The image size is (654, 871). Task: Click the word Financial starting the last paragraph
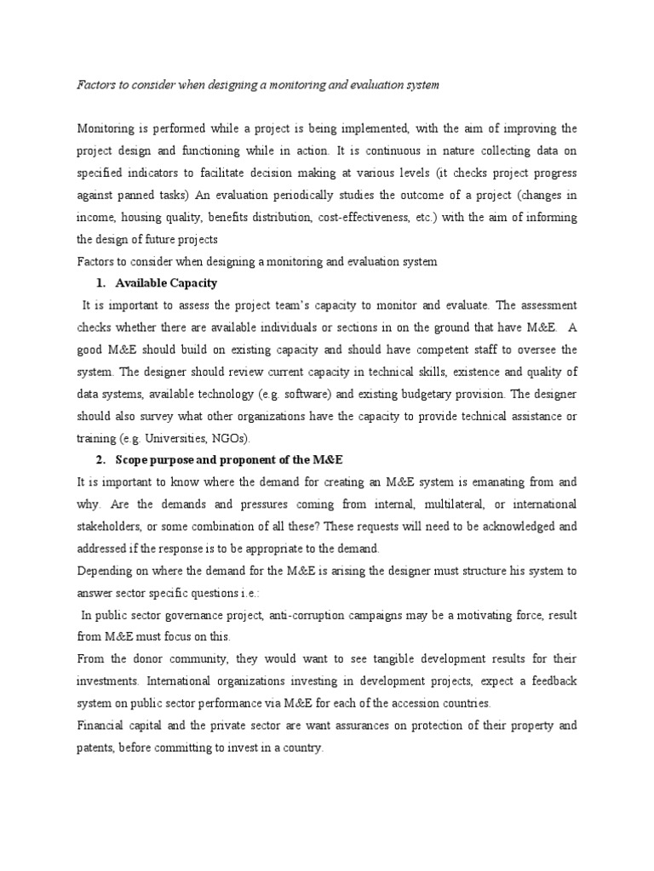(103, 726)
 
